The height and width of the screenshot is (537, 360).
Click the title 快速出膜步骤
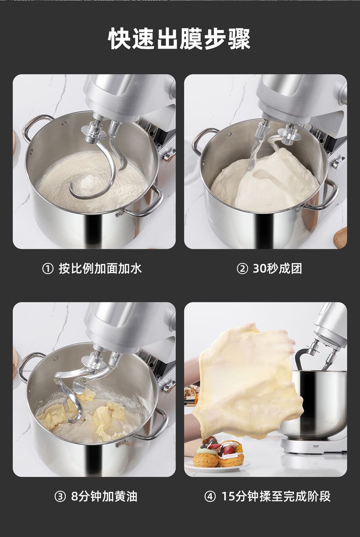click(179, 39)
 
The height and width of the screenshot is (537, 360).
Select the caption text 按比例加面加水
click(100, 268)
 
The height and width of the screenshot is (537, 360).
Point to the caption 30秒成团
click(277, 268)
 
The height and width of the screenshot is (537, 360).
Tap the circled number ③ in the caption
click(60, 496)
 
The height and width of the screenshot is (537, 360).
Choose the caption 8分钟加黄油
click(104, 496)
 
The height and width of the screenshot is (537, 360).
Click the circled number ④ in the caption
click(210, 496)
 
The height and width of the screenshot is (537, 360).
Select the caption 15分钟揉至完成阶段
click(276, 496)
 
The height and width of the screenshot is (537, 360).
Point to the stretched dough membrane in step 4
click(247, 380)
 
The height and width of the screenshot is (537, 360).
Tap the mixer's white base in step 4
click(313, 445)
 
